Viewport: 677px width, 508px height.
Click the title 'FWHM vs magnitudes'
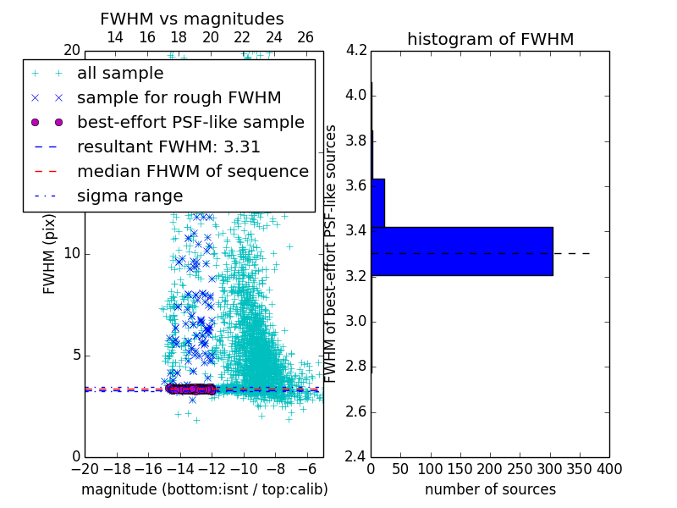[x=192, y=19]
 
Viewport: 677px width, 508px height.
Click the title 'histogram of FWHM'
[x=490, y=39]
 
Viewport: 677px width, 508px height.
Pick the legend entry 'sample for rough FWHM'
[x=179, y=97]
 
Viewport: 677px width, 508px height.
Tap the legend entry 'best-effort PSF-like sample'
[x=190, y=122]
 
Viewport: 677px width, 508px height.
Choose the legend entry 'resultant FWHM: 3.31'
[x=168, y=146]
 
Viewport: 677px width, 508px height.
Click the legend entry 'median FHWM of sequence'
[x=192, y=171]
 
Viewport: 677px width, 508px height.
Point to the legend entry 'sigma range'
[x=129, y=196]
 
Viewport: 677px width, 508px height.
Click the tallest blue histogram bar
[x=462, y=251]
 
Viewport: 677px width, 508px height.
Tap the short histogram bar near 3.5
[x=378, y=203]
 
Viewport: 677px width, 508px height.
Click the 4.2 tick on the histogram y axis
[x=356, y=50]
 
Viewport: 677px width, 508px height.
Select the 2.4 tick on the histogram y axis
[x=356, y=457]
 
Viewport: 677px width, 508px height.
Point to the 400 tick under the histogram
[x=609, y=468]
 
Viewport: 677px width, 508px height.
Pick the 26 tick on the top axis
[x=305, y=37]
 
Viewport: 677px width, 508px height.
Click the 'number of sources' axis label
[x=490, y=489]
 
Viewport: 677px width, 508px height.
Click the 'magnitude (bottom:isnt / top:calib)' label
[x=204, y=489]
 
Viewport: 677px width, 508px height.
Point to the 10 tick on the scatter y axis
[x=73, y=254]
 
